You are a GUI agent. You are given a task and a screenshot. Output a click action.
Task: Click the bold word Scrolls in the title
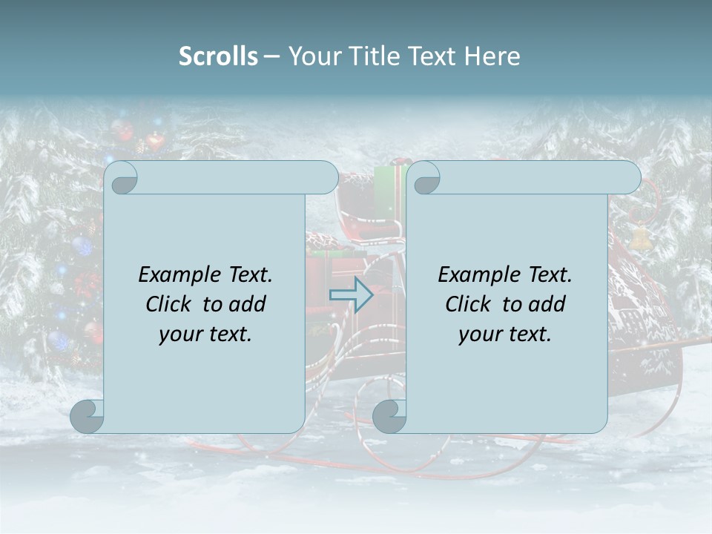[218, 56]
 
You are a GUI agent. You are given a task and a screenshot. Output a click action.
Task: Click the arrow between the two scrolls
[351, 294]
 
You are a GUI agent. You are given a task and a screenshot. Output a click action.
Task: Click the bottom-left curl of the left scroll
[88, 416]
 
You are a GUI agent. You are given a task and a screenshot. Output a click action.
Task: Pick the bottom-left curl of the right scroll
[389, 416]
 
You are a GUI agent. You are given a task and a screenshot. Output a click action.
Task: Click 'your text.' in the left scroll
[205, 334]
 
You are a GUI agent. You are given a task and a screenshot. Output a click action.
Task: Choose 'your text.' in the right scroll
[505, 334]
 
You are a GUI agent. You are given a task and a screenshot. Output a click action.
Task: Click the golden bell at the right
[639, 237]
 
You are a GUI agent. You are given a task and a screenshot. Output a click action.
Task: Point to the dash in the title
[271, 56]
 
